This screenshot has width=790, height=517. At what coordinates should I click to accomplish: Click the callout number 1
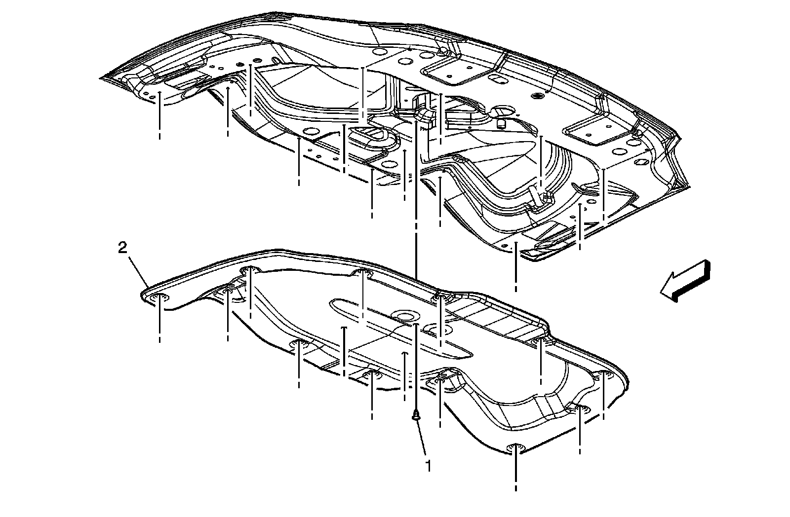click(x=428, y=465)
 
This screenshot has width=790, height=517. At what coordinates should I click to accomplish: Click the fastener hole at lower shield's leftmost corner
click(x=159, y=297)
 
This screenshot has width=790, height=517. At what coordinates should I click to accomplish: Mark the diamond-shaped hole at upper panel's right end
click(x=643, y=161)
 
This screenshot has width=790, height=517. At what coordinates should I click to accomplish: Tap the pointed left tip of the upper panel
click(x=102, y=77)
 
